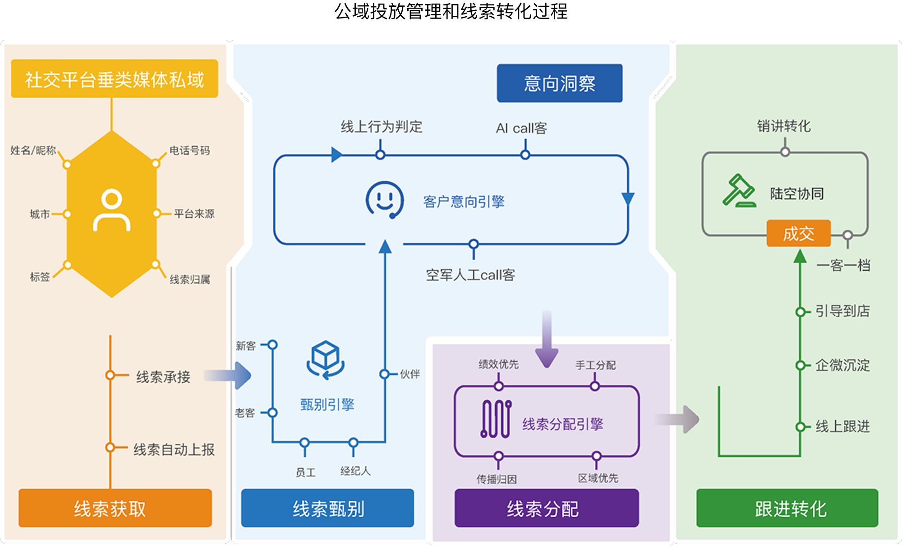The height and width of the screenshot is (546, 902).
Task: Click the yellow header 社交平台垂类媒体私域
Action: [115, 79]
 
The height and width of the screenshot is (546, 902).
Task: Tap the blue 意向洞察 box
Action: [559, 83]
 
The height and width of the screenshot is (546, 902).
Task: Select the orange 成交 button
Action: [798, 233]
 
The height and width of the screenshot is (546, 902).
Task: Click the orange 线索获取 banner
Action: [115, 508]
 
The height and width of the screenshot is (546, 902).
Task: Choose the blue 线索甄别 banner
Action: [327, 508]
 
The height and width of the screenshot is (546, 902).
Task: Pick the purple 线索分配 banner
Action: [547, 508]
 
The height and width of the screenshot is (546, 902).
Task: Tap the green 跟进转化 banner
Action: [787, 508]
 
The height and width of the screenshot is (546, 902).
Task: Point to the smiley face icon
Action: [384, 200]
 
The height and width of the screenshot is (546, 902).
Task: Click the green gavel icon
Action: [739, 191]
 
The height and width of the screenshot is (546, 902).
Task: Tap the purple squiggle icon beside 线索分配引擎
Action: [496, 419]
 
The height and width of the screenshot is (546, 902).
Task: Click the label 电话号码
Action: [189, 151]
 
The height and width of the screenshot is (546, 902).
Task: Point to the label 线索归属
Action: [190, 280]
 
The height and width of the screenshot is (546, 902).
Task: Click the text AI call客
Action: [521, 128]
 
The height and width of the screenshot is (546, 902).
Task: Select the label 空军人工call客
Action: [470, 275]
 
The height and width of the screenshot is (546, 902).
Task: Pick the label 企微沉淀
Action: [842, 365]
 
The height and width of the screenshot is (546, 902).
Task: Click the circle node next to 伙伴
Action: [384, 374]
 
